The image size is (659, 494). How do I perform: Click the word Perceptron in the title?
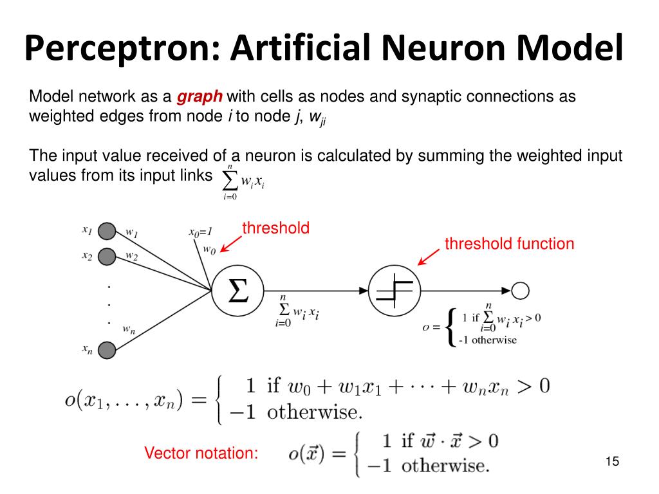click(x=122, y=49)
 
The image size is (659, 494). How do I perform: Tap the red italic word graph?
click(x=200, y=97)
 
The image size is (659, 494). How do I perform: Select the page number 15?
click(x=613, y=461)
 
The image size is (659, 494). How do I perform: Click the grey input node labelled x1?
click(x=107, y=231)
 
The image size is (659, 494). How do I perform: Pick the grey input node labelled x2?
click(x=107, y=257)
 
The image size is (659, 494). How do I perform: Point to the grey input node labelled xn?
click(x=107, y=350)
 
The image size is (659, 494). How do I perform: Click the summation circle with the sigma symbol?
click(x=237, y=291)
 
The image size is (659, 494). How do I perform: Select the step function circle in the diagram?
click(x=394, y=291)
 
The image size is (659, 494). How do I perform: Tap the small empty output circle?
click(x=520, y=291)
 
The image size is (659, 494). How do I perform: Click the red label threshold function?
click(x=510, y=244)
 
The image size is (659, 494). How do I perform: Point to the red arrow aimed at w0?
click(x=231, y=244)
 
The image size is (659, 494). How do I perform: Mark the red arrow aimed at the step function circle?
click(x=428, y=257)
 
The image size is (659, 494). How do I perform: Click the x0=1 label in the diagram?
click(x=201, y=232)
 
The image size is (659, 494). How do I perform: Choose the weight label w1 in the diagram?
click(x=132, y=232)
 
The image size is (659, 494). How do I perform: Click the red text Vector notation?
click(x=201, y=453)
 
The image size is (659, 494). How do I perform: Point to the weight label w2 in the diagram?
click(x=131, y=256)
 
